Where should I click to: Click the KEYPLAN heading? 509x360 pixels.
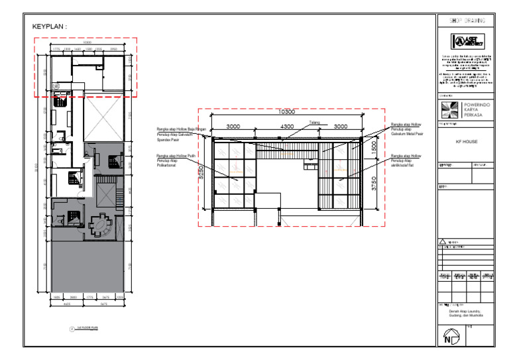pos(50,27)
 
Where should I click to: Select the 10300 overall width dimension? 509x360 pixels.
pos(286,112)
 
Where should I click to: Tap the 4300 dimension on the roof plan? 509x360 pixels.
pos(286,126)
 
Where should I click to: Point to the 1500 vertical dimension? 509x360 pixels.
pos(374,147)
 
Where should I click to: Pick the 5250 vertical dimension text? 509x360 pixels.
pos(200,174)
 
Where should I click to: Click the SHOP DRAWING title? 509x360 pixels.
pos(465,21)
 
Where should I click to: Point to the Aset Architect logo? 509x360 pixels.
pos(465,41)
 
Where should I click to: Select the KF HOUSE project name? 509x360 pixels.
pos(467,141)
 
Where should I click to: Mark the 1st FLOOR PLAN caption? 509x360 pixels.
pos(87,328)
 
